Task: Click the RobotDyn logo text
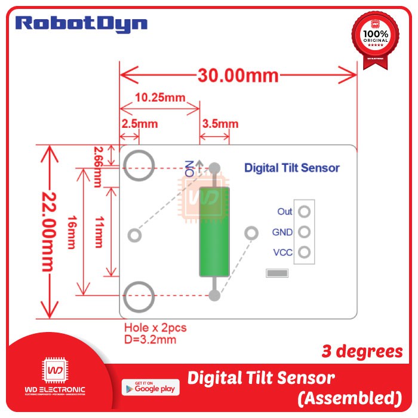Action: click(81, 24)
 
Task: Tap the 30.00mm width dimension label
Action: click(238, 75)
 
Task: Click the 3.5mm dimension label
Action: click(220, 124)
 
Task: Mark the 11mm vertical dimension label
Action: click(99, 232)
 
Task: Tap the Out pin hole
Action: click(305, 211)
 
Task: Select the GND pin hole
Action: click(305, 232)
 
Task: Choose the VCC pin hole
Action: click(305, 252)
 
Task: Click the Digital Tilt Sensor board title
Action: click(291, 168)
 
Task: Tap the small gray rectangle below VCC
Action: click(276, 273)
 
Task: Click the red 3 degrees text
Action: click(362, 352)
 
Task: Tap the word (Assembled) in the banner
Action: click(348, 397)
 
